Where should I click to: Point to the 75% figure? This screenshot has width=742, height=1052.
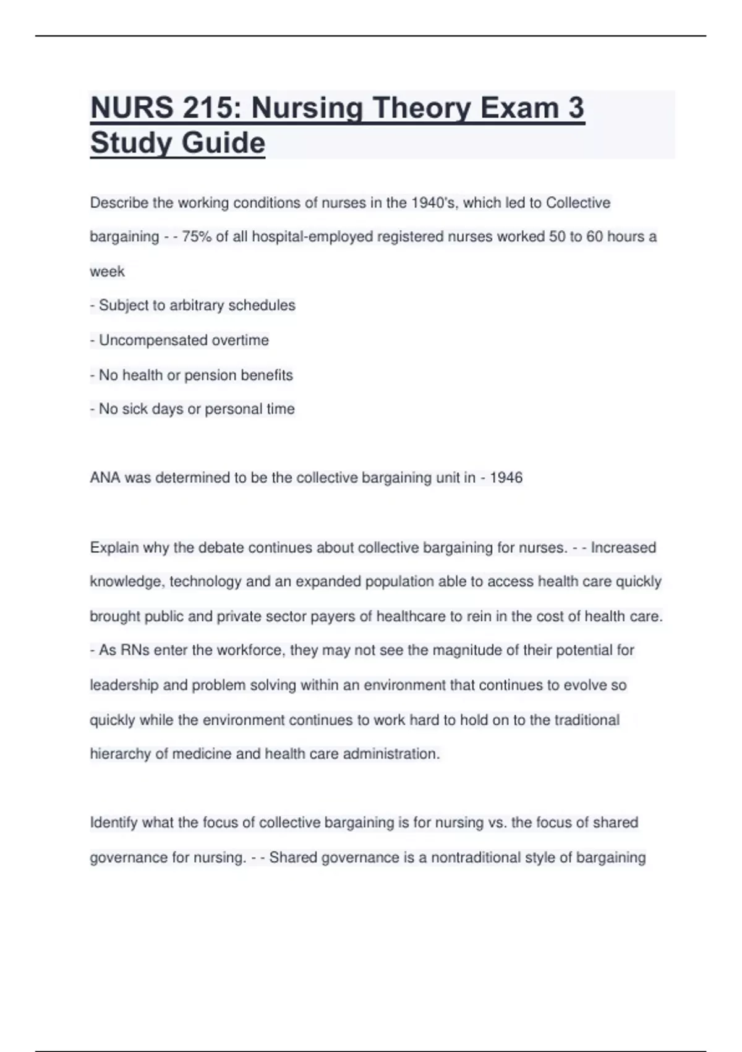coord(197,237)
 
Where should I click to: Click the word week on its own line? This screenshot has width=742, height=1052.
coord(107,272)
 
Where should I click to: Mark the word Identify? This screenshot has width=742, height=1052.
coord(114,822)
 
